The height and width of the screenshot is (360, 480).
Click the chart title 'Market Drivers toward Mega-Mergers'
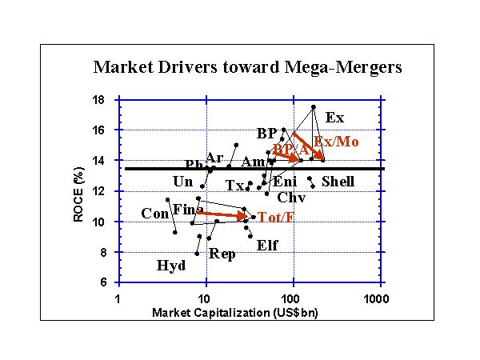click(x=247, y=66)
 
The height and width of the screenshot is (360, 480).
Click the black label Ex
click(x=334, y=118)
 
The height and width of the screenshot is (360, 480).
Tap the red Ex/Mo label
click(x=335, y=142)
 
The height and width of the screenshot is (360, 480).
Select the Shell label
click(x=338, y=182)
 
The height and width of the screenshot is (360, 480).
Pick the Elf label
click(x=268, y=246)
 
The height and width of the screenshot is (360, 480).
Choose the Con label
click(x=154, y=214)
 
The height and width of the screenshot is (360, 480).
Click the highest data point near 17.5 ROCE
click(x=314, y=106)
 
